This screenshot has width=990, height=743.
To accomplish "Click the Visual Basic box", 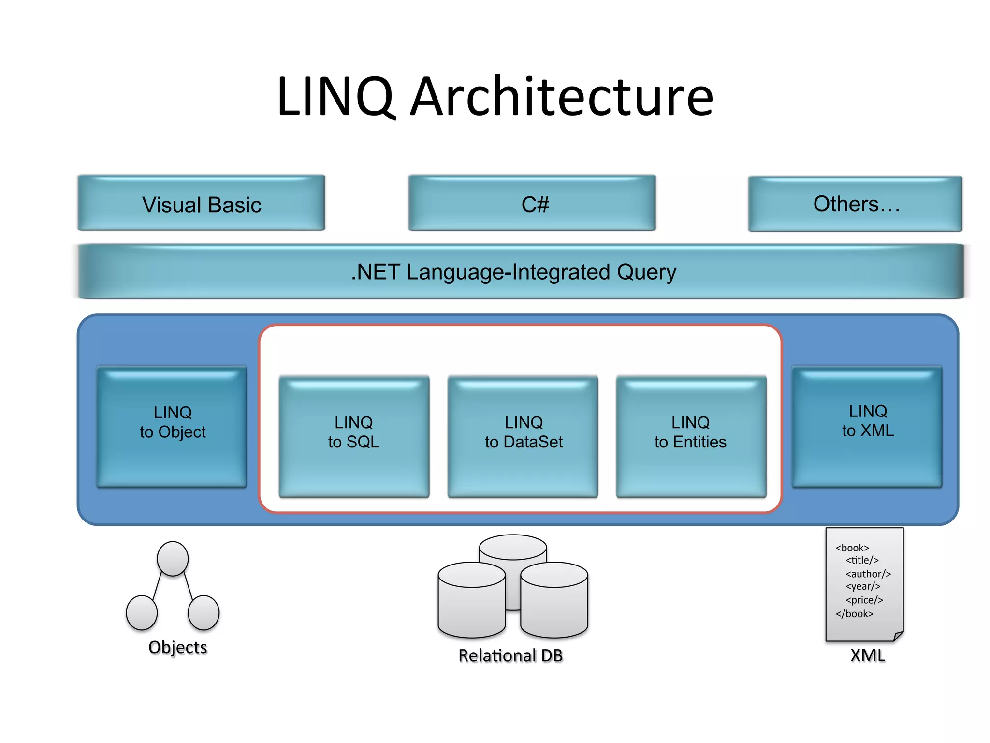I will click(201, 203).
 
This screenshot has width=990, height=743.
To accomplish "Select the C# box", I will click(532, 203).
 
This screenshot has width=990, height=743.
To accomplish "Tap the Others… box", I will click(855, 204).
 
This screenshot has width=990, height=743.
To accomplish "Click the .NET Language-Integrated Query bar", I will click(513, 272).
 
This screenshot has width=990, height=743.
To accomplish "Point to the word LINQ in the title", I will click(336, 97).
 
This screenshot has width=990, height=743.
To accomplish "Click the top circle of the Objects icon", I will click(173, 559).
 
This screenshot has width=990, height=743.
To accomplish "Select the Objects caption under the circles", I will click(177, 647).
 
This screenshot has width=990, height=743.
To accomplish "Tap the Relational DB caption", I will click(510, 655).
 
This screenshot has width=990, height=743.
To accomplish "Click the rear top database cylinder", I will click(513, 547).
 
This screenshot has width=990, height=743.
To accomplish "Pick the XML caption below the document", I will click(867, 655).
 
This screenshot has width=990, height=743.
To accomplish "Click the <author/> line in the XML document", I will click(868, 574).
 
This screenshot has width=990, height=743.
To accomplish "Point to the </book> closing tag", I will click(854, 614).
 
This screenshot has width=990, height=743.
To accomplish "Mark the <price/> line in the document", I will click(864, 600).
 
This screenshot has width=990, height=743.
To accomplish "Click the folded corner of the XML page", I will click(898, 636).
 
